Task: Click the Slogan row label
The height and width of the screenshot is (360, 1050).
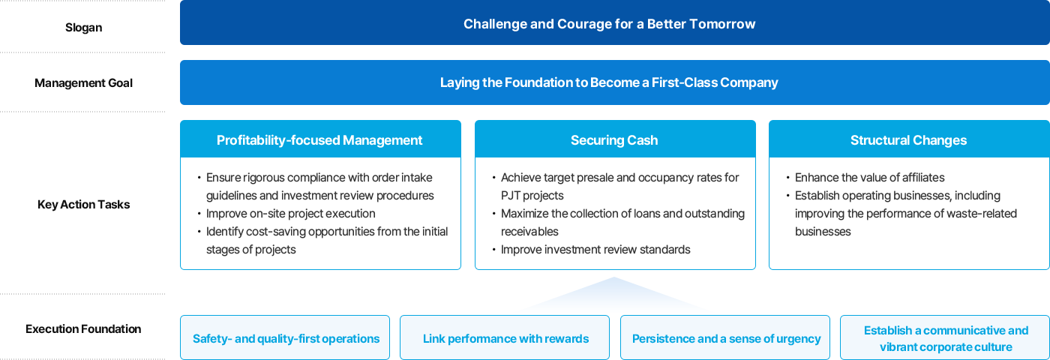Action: [x=83, y=28]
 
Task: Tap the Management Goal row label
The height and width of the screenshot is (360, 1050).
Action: [x=83, y=83]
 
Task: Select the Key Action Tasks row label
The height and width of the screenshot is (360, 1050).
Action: [x=83, y=204]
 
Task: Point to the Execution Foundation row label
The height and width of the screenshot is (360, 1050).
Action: [x=83, y=329]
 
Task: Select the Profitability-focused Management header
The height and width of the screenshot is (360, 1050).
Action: [x=320, y=139]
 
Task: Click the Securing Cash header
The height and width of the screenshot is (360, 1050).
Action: [x=614, y=139]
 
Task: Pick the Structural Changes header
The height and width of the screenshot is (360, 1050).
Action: [x=909, y=139]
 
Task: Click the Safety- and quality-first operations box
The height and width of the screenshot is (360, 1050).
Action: [x=285, y=337]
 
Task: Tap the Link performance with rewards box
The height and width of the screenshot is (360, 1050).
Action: [x=505, y=337]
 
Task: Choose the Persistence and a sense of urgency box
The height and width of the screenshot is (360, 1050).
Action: [x=725, y=337]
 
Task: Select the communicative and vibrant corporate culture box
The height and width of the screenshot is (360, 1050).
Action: [x=945, y=337]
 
